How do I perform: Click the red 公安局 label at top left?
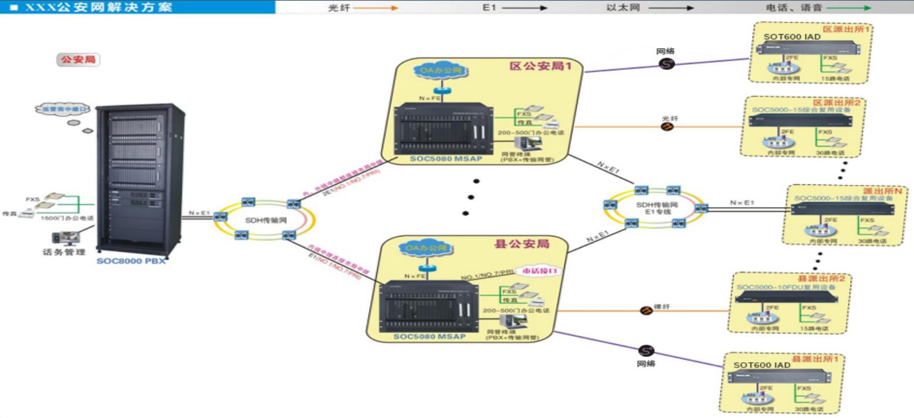click(78, 60)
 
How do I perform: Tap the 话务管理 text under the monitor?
click(64, 252)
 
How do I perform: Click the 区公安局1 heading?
click(540, 66)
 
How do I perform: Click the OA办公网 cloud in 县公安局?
click(427, 248)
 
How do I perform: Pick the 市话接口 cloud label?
click(540, 271)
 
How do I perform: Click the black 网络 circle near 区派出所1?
click(666, 63)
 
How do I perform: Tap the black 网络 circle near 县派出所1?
click(645, 350)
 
